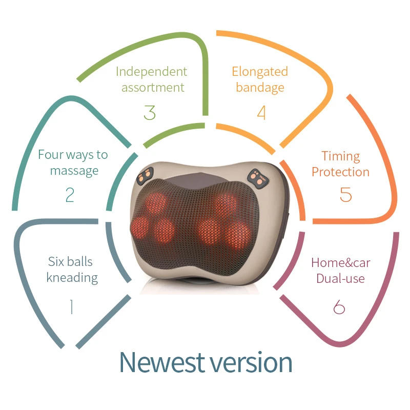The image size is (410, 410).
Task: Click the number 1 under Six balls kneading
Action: click(x=71, y=307)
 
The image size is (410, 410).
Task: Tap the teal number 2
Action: click(x=70, y=195)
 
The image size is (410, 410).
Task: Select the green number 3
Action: click(x=150, y=112)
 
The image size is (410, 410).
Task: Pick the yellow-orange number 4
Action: click(x=261, y=112)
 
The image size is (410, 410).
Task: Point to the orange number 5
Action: click(x=346, y=194)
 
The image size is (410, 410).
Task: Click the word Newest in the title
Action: click(x=160, y=362)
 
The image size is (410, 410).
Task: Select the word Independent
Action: click(x=151, y=72)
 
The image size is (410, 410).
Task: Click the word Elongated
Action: click(x=260, y=71)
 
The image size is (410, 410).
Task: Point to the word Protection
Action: click(x=340, y=172)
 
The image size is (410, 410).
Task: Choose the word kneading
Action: click(x=72, y=278)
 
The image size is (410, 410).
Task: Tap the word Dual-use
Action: click(x=340, y=279)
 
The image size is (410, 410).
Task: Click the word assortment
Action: click(x=152, y=87)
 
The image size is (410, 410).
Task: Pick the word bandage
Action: click(x=260, y=87)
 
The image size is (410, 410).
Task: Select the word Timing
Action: click(x=341, y=156)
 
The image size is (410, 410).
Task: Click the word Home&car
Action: click(x=341, y=263)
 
